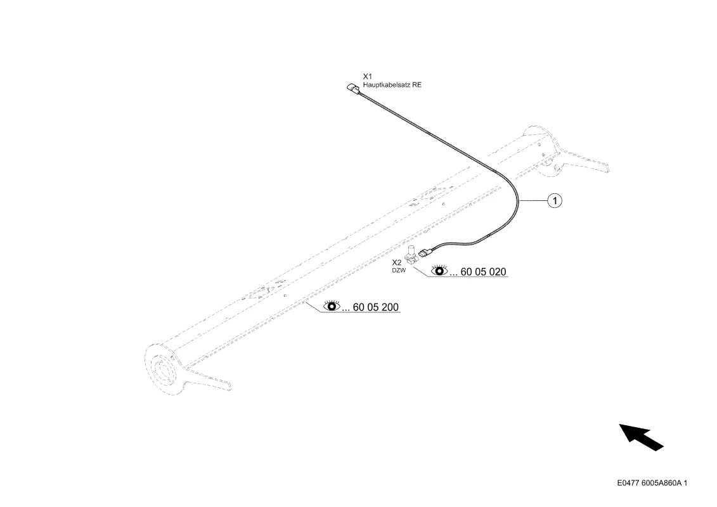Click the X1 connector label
(x=368, y=76)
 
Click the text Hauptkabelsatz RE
(x=392, y=85)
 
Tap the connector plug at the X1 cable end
(x=353, y=87)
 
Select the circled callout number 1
(x=555, y=200)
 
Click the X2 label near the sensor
(x=397, y=262)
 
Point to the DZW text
(x=399, y=271)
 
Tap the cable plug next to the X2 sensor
(x=425, y=252)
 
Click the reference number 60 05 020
(x=483, y=271)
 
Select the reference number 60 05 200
(x=376, y=307)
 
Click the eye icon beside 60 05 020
(x=440, y=270)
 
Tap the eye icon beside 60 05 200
(x=332, y=305)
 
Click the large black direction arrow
(x=641, y=437)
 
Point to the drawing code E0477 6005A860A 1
(x=652, y=483)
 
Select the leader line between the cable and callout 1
(x=534, y=200)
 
